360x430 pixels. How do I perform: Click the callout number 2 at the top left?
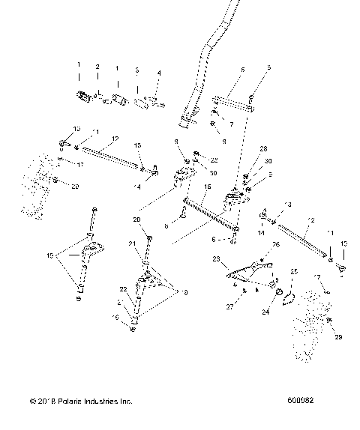(x=97, y=67)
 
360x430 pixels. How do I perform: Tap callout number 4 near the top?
(x=158, y=73)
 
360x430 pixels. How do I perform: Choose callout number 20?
(x=136, y=219)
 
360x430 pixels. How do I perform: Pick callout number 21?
(x=132, y=243)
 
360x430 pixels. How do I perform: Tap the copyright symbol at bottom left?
(x=34, y=402)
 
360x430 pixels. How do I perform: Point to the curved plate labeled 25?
(x=288, y=297)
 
